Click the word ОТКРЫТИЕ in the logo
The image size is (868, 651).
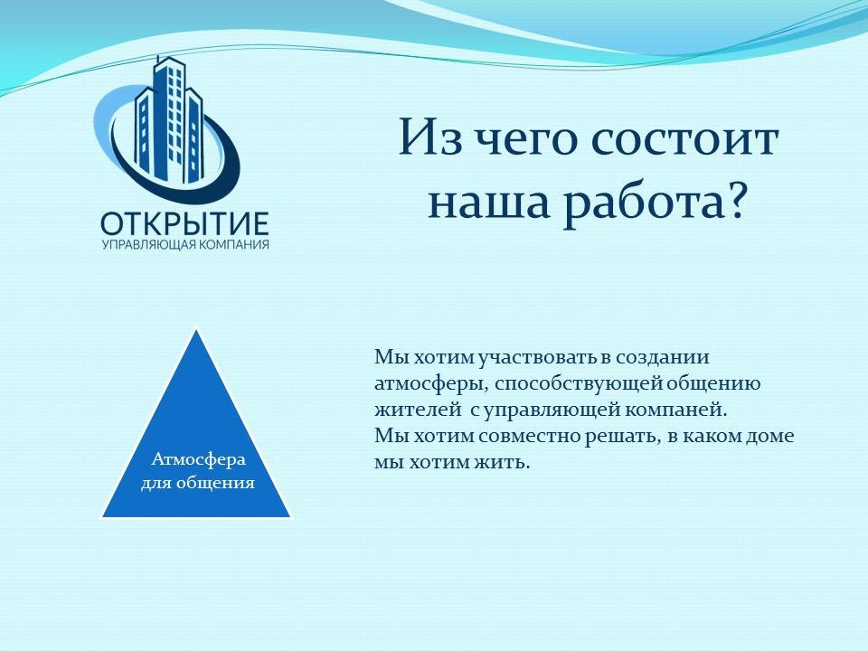(184, 223)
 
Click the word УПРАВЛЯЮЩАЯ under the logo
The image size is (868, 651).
(149, 245)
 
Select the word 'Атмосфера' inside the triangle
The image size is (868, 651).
(198, 459)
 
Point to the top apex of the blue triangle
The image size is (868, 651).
(196, 330)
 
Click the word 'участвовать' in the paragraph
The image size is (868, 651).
(537, 358)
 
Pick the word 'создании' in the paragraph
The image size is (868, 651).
(663, 357)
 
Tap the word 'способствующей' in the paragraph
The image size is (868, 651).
(578, 384)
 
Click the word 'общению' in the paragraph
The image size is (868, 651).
(713, 383)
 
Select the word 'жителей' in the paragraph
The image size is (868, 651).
(418, 410)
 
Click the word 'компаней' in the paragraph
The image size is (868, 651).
(675, 410)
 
